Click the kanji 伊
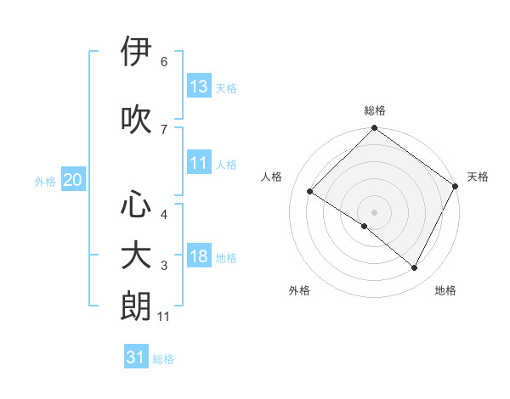pyautogui.click(x=137, y=52)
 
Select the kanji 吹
pyautogui.click(x=137, y=119)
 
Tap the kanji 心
pyautogui.click(x=137, y=205)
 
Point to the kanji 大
pyautogui.click(x=137, y=256)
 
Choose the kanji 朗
pyautogui.click(x=137, y=306)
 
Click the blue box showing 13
pyautogui.click(x=199, y=87)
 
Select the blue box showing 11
pyautogui.click(x=199, y=163)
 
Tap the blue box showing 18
pyautogui.click(x=199, y=256)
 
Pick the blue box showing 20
pyautogui.click(x=73, y=180)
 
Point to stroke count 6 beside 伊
pyautogui.click(x=164, y=61)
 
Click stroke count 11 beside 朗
pyautogui.click(x=164, y=317)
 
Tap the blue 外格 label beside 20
pyautogui.click(x=45, y=181)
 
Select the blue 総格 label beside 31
pyautogui.click(x=163, y=358)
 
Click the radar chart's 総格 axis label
pyautogui.click(x=374, y=110)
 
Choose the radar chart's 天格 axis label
pyautogui.click(x=478, y=177)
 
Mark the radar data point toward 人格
pyautogui.click(x=310, y=192)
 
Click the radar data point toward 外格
pyautogui.click(x=365, y=226)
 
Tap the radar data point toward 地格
pyautogui.click(x=414, y=268)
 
